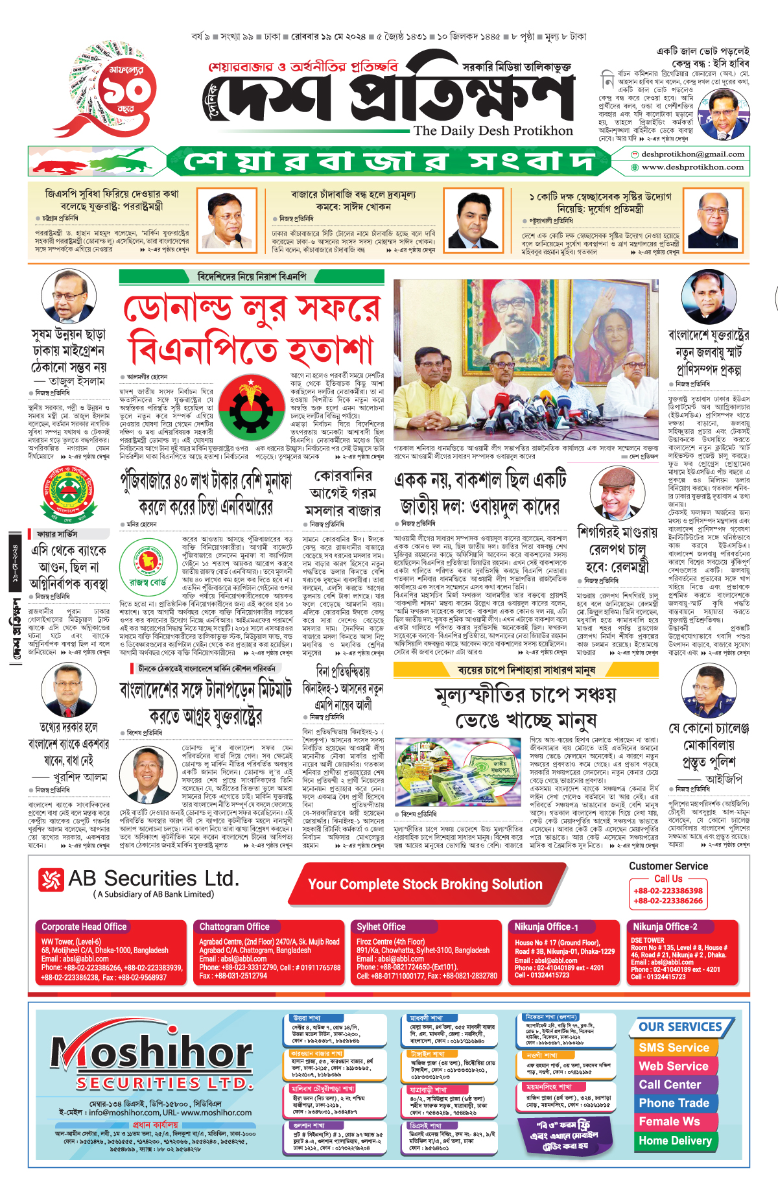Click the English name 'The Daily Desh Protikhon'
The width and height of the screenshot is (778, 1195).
[493, 130]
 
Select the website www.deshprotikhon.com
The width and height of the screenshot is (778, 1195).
[692, 167]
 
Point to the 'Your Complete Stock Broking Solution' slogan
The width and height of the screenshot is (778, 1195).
[425, 884]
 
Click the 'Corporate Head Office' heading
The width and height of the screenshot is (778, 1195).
[84, 927]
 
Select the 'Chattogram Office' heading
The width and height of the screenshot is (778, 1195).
[234, 927]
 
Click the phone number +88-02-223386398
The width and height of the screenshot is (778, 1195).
[668, 891]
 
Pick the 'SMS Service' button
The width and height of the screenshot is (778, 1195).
[674, 1048]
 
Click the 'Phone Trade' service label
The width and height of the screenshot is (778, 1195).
[674, 1103]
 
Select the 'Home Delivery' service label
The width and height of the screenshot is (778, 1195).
[675, 1141]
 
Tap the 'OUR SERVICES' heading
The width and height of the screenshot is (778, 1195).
[680, 1027]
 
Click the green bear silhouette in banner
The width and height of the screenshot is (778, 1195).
[130, 160]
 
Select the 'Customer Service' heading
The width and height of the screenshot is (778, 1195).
[668, 866]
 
